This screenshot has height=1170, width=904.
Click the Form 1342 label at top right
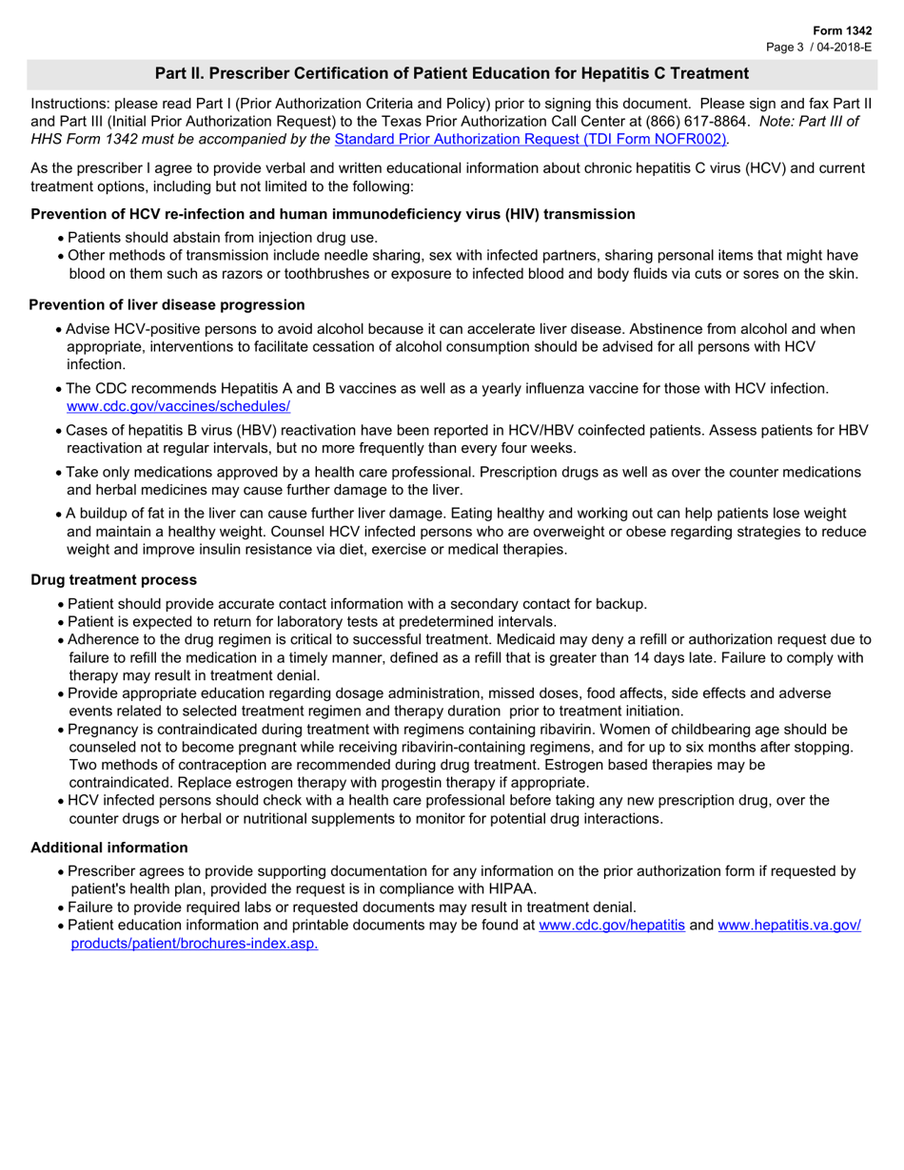[x=843, y=30]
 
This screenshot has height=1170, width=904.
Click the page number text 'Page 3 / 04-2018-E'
[x=819, y=46]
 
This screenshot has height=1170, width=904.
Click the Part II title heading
[x=451, y=73]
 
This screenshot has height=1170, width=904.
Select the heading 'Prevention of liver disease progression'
[x=167, y=304]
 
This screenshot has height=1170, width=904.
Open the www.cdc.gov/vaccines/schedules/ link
[x=178, y=405]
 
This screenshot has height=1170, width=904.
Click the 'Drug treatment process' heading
[x=114, y=579]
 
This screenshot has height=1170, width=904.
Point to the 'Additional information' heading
[x=109, y=848]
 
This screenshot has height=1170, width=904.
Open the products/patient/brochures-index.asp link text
[x=194, y=943]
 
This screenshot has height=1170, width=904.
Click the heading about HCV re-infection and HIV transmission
[x=333, y=214]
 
